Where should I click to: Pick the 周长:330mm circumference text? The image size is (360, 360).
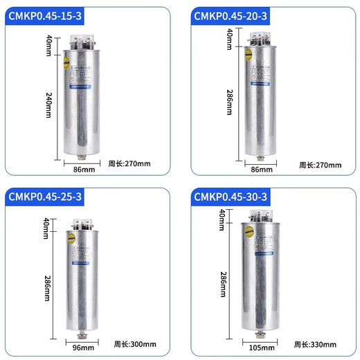click(x=318, y=343)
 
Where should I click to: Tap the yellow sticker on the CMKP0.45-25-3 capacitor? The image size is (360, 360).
click(x=69, y=237)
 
